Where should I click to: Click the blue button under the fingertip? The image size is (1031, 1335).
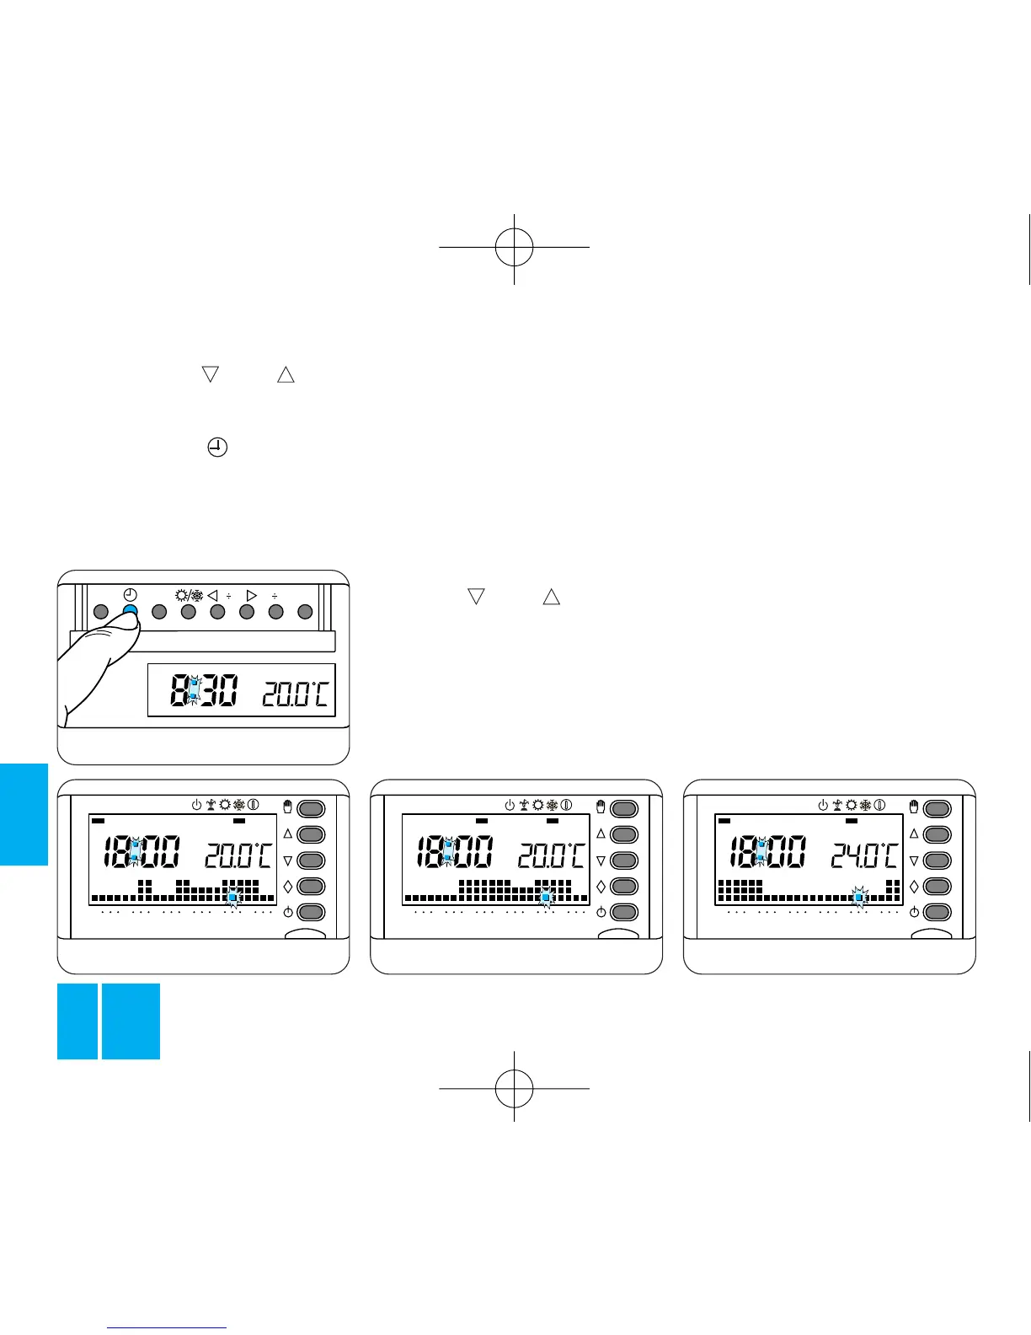pos(130,611)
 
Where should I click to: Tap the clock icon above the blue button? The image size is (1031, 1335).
pos(130,592)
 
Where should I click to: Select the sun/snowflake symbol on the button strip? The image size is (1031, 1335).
pos(188,592)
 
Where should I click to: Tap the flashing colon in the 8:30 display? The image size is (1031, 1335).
pos(194,692)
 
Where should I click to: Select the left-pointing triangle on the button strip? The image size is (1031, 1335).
pos(213,593)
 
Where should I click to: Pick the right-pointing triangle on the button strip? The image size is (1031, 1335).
pos(251,593)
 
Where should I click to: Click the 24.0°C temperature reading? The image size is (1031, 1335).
pos(864,856)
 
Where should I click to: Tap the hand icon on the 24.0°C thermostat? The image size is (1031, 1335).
pos(914,807)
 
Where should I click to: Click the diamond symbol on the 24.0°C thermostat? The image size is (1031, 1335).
pos(914,886)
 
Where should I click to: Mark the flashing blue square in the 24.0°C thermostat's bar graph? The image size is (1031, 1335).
pos(859,898)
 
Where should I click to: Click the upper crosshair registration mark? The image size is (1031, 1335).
pos(514,246)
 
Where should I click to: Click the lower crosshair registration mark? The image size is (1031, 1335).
pos(514,1088)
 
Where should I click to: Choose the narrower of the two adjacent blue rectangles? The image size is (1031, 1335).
pos(77,1021)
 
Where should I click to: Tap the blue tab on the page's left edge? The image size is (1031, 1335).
pos(24,813)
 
